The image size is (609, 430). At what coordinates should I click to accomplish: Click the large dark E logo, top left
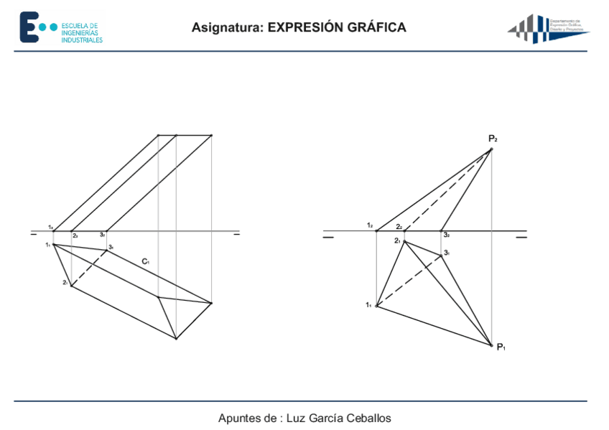pos(28,27)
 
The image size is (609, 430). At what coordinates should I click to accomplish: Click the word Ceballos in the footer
pos(369,418)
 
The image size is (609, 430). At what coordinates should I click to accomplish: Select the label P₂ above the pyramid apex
pos(493,139)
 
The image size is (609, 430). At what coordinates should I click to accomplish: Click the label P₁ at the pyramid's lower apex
pos(501,347)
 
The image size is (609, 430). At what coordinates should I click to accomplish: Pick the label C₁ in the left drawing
pos(145,261)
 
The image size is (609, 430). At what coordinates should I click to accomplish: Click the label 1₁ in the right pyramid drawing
pos(368,306)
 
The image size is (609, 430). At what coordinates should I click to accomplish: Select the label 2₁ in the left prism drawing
pos(65,283)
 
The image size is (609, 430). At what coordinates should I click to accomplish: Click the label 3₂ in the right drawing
pos(446,235)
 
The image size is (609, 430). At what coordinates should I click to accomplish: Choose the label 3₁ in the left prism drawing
pos(111,247)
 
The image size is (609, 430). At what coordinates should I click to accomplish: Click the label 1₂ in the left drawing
pos(50,227)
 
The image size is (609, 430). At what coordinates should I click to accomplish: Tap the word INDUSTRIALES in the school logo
pos(82,40)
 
